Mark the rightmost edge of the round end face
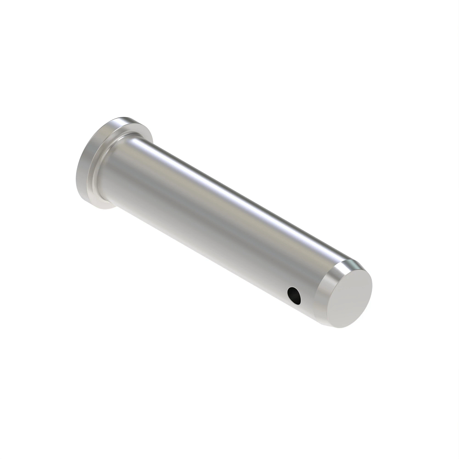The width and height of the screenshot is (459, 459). point(372,285)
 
